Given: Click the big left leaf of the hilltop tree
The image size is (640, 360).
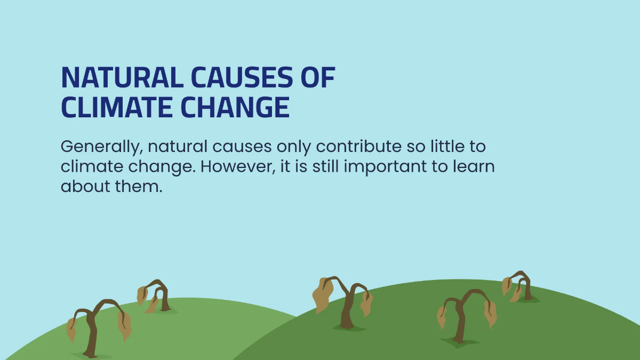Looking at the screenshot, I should pos(322,295).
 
